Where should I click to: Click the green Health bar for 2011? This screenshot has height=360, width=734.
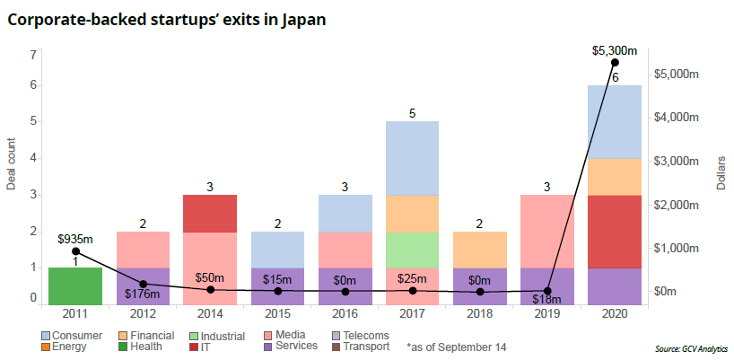pyautogui.click(x=74, y=285)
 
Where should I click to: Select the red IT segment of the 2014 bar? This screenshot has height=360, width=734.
pyautogui.click(x=209, y=213)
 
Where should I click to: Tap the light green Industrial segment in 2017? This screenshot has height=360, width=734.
pyautogui.click(x=412, y=249)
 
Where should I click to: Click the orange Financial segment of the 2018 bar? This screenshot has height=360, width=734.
pyautogui.click(x=479, y=249)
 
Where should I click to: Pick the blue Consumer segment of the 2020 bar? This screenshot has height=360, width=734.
pyautogui.click(x=614, y=122)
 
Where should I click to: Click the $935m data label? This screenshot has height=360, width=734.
pyautogui.click(x=74, y=239)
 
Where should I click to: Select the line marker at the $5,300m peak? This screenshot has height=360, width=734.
pyautogui.click(x=615, y=62)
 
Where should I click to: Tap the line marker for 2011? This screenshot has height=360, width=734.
pyautogui.click(x=75, y=251)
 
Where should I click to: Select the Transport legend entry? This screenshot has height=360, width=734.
pyautogui.click(x=363, y=347)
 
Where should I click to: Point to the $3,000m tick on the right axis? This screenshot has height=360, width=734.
pyautogui.click(x=679, y=161)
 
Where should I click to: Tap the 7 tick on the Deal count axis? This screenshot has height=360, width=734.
pyautogui.click(x=32, y=55)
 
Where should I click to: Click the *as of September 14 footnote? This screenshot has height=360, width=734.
pyautogui.click(x=455, y=347)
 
